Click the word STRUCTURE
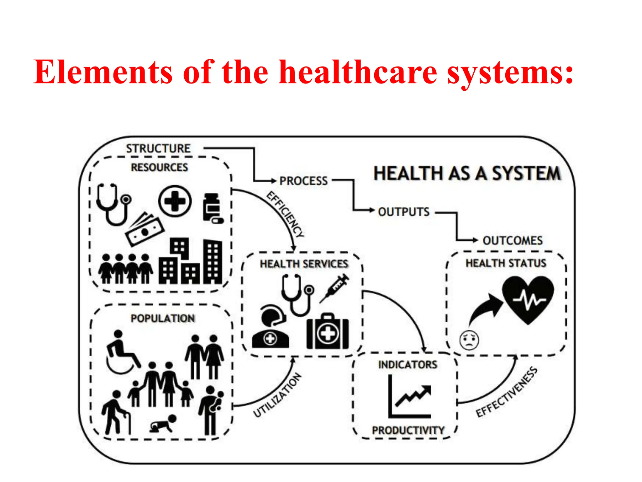pos(158,148)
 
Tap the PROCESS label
pos(303,181)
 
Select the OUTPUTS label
pos(404,212)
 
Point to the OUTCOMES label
pos(513,241)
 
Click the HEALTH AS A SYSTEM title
pos(467,174)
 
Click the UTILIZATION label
pos(277,395)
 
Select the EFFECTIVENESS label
pos(507,392)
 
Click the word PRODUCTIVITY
pos(408,430)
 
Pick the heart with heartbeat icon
pos(528,300)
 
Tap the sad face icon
pos(469,340)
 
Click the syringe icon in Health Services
pos(334,288)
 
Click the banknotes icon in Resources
pos(144,229)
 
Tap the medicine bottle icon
pos(213,208)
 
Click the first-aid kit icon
pos(328,332)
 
